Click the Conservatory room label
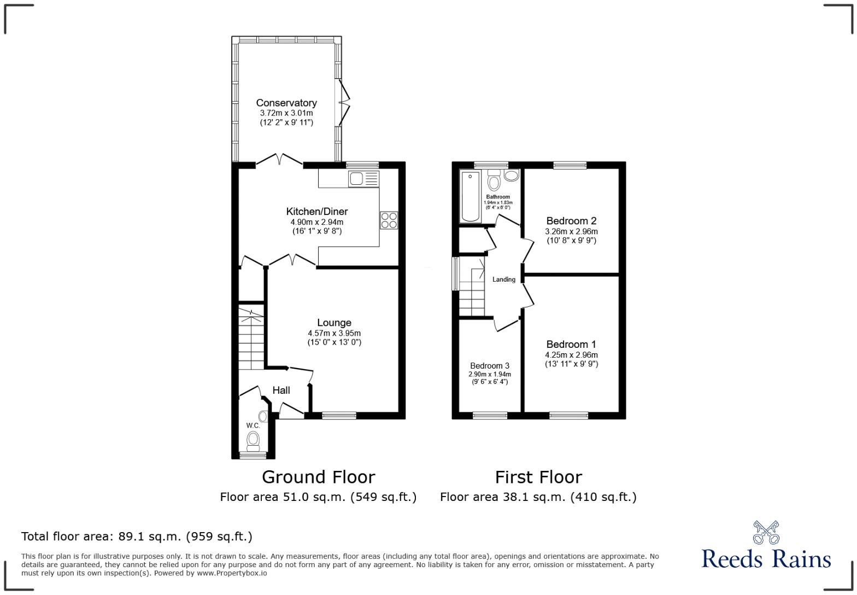tap(286, 103)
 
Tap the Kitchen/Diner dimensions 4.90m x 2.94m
tap(316, 222)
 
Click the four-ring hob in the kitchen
tap(389, 220)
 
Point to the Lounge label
tap(334, 323)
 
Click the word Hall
tap(281, 390)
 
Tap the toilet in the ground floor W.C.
tap(253, 439)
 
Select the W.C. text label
tap(253, 425)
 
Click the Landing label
tap(503, 279)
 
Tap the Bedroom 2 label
tap(571, 221)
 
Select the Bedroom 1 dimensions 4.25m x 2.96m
tap(571, 355)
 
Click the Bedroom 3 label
tap(490, 366)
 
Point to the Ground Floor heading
tap(318, 477)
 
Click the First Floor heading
tap(538, 477)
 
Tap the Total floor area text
tap(137, 536)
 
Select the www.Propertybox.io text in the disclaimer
tap(232, 573)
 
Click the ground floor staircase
tap(251, 339)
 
